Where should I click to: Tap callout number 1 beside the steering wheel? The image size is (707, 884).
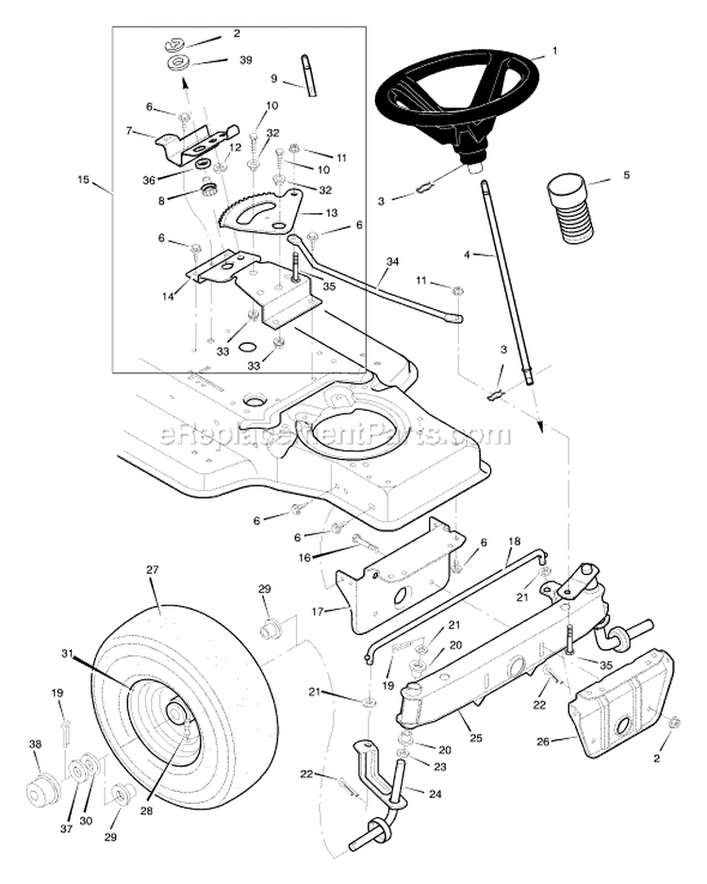[554, 50]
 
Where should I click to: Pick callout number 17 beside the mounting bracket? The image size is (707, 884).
[318, 611]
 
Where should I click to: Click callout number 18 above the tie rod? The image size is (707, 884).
[514, 542]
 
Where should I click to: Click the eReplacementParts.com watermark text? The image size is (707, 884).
[335, 435]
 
